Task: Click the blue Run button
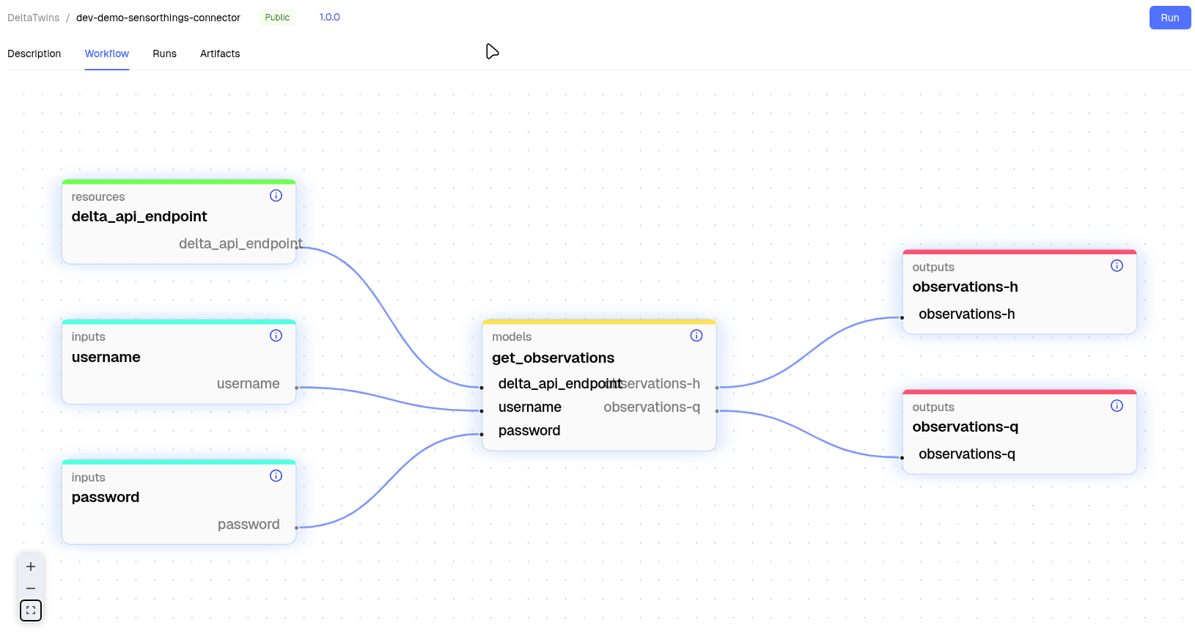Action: click(1169, 18)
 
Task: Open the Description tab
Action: click(34, 53)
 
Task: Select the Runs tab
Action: click(164, 53)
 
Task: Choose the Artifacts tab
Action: click(220, 53)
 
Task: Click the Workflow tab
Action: click(107, 53)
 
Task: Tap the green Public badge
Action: click(277, 18)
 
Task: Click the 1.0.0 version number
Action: click(329, 17)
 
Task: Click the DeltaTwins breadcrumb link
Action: click(34, 18)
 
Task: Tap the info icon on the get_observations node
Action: click(696, 336)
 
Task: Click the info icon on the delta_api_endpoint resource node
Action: click(276, 196)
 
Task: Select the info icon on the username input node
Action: click(276, 336)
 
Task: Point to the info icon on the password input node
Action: click(276, 476)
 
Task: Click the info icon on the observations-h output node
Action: click(1117, 266)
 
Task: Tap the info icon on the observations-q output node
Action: click(1117, 406)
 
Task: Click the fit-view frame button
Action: click(31, 610)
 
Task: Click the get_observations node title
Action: click(553, 358)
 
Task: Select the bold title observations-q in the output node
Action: click(965, 427)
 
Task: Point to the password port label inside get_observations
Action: click(529, 431)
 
